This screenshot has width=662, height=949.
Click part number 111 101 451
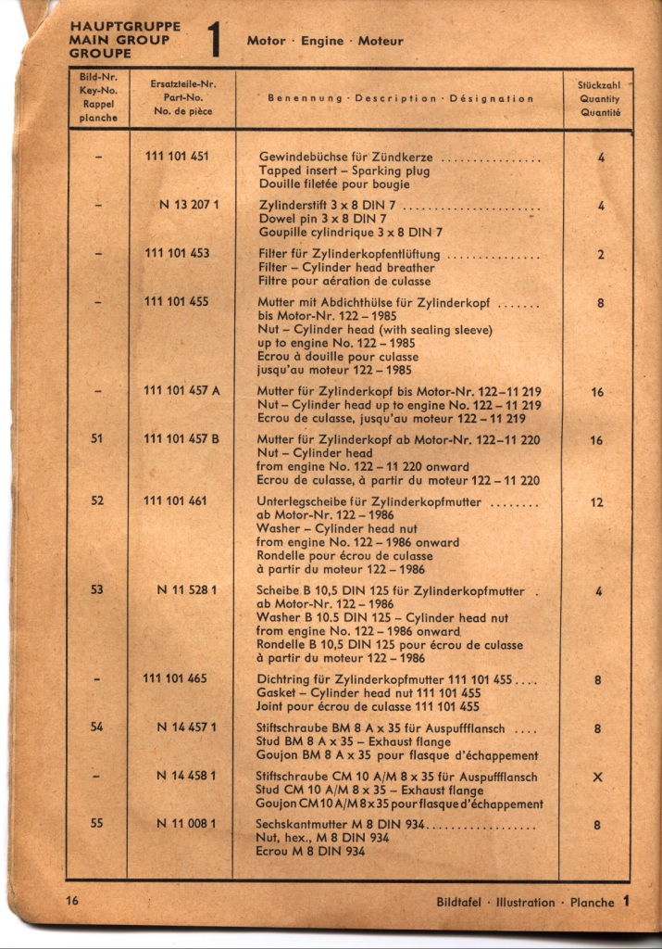coord(177,157)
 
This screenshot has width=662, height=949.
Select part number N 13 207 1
coord(188,205)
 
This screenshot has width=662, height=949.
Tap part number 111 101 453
coord(177,253)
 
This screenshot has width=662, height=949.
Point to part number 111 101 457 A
coord(181,391)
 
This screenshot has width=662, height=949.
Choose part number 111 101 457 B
coord(181,439)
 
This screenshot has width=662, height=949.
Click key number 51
coord(97,439)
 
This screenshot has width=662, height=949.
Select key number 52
coord(97,501)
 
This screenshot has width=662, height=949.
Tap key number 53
coord(97,589)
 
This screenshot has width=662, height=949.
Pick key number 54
coord(97,728)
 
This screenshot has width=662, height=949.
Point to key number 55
coord(97,822)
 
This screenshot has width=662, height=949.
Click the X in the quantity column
coord(597,777)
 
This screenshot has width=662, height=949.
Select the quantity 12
coord(597,502)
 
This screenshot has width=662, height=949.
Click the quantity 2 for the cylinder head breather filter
coord(600,254)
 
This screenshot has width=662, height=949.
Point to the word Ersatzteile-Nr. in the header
coord(181,83)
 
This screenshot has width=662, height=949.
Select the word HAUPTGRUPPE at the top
coord(125,27)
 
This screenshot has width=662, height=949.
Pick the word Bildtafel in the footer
coord(463,902)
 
